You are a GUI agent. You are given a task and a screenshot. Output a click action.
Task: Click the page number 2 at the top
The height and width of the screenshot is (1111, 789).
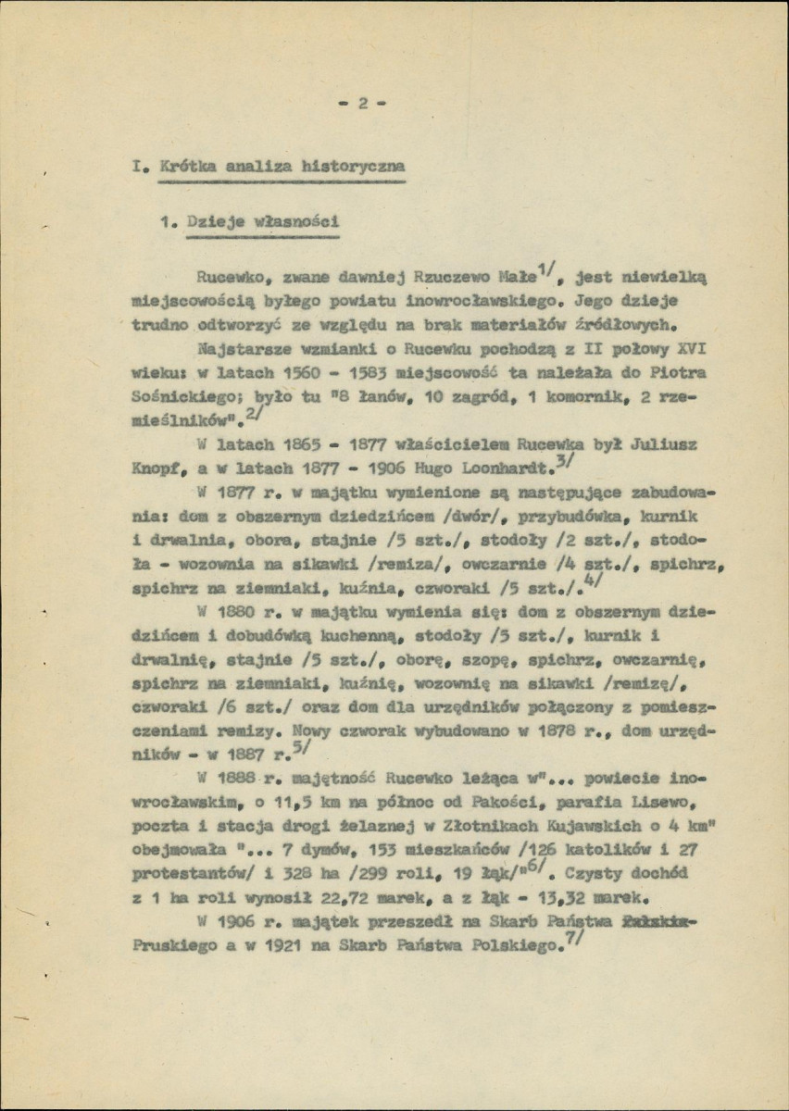click(363, 104)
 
